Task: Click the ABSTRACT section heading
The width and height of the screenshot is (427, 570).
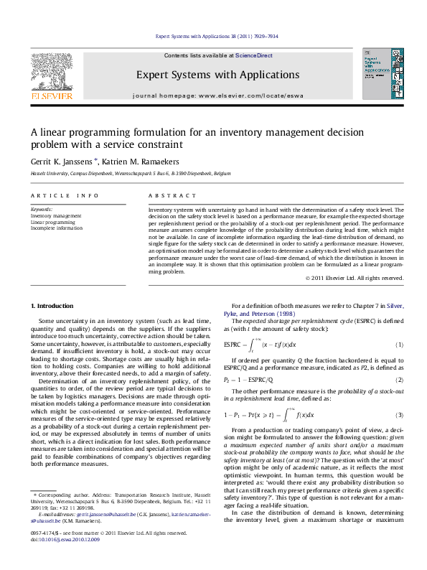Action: (172, 195)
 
